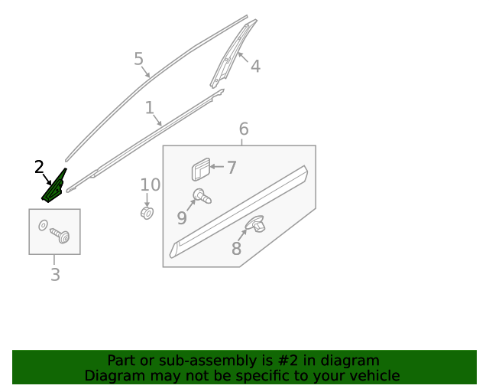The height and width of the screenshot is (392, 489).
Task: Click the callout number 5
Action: [139, 59]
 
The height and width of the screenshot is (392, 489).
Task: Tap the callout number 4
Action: [255, 67]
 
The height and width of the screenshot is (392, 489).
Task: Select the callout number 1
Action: [150, 107]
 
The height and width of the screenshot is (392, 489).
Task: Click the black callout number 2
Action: [39, 167]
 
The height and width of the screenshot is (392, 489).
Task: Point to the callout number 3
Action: [55, 274]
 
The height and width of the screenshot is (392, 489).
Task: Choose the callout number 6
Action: [244, 129]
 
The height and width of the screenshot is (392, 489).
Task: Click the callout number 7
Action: [232, 168]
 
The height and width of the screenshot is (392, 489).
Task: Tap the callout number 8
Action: [236, 249]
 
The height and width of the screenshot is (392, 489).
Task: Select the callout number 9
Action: [182, 217]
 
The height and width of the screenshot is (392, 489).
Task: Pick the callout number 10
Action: [151, 185]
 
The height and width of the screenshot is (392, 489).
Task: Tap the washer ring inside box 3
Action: [43, 225]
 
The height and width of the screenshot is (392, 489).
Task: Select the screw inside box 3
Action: [60, 235]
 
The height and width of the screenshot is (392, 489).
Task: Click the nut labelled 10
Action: [147, 213]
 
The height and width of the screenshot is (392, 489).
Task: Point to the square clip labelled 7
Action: [201, 169]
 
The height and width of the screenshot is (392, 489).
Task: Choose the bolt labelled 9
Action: [202, 196]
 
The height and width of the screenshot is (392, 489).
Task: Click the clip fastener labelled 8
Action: [255, 224]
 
